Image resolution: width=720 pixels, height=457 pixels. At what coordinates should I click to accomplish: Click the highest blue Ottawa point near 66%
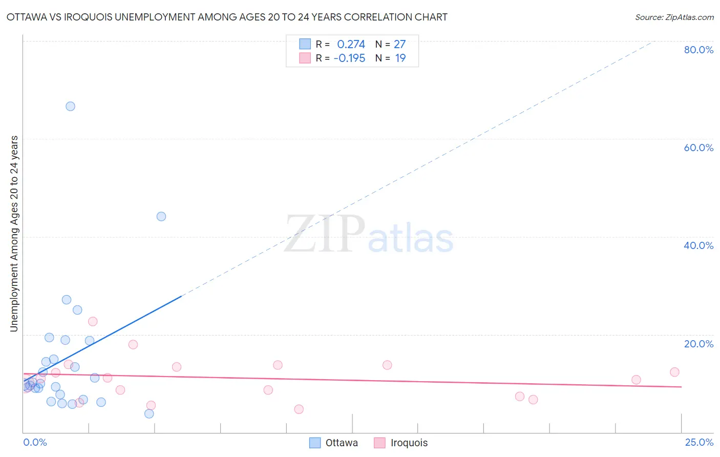point(70,106)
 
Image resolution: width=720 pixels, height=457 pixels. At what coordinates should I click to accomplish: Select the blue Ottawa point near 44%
point(161,216)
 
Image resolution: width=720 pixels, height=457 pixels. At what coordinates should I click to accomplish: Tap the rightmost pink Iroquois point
point(674,372)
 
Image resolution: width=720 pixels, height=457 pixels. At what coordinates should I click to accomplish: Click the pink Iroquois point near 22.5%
point(93,321)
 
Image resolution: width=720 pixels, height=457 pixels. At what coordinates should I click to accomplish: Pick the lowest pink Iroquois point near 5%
point(299,409)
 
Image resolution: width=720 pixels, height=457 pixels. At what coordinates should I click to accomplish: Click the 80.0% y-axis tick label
point(698,50)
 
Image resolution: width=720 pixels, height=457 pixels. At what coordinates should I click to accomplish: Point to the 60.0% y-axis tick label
point(698,148)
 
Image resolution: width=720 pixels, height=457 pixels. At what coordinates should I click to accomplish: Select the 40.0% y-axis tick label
point(698,245)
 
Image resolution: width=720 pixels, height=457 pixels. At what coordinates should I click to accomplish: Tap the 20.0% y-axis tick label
point(698,343)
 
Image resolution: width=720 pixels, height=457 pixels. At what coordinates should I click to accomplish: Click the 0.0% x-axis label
point(35,442)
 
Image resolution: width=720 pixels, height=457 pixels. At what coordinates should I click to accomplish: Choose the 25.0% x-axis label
point(699,442)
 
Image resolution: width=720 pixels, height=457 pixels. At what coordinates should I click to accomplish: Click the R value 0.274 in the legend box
point(351,45)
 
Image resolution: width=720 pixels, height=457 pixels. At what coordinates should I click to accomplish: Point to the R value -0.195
point(349,58)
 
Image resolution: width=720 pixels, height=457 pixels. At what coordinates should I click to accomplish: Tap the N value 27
point(399,45)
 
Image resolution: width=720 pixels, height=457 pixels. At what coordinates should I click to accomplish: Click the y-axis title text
point(14,233)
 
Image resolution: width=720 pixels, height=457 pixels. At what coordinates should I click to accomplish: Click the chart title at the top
point(227,17)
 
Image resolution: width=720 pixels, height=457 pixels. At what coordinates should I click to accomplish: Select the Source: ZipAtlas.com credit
point(674,17)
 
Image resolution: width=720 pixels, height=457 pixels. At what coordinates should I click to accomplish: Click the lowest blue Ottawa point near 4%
point(149,413)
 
